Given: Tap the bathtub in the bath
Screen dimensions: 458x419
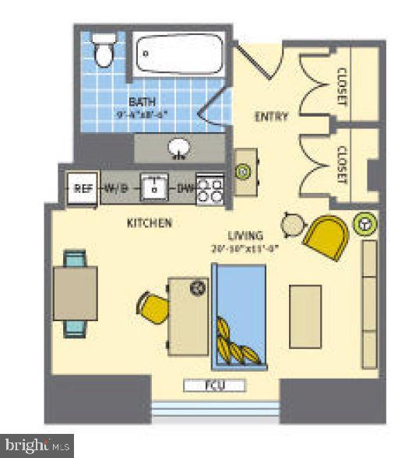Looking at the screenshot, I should (177, 56).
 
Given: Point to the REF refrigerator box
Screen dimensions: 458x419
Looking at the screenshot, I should (83, 187).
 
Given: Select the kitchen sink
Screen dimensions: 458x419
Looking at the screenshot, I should (155, 187).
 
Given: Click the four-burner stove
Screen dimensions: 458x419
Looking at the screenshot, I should (209, 188).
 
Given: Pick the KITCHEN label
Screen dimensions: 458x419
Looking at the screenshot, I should (149, 223).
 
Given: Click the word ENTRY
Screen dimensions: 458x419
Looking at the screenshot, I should (272, 117).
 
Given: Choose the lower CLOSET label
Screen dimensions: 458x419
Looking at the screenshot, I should (341, 165).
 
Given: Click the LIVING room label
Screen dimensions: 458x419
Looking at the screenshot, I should (245, 235).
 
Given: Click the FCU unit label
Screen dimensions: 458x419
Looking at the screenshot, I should (214, 385).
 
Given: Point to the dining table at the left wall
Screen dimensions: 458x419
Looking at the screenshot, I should (75, 293).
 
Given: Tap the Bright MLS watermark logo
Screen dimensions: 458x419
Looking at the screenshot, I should (38, 446).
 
